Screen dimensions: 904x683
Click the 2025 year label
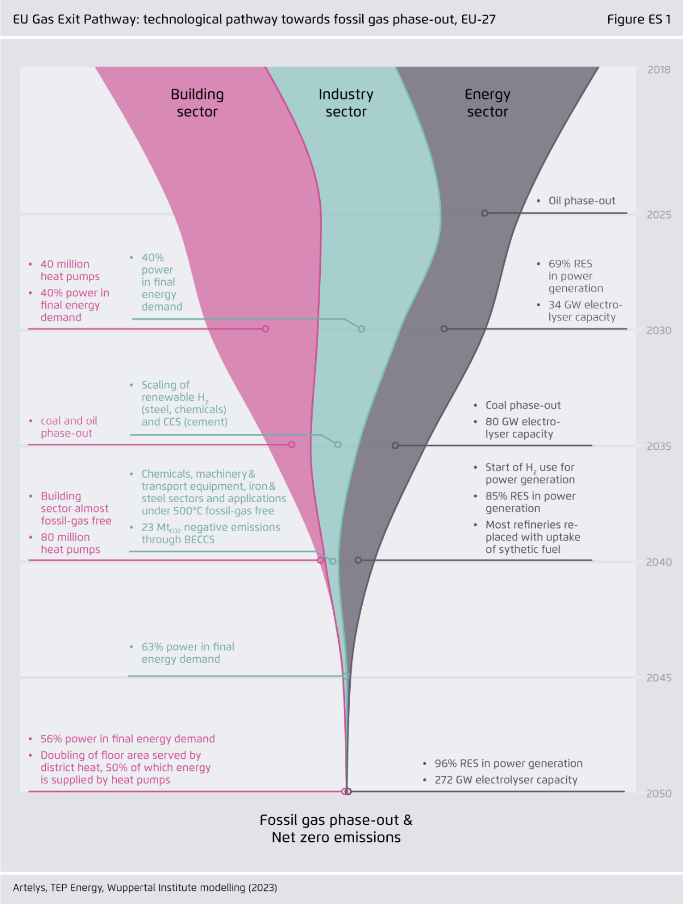pyautogui.click(x=658, y=215)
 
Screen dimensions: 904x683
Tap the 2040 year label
pyautogui.click(x=658, y=562)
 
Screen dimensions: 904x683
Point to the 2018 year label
pyautogui.click(x=658, y=70)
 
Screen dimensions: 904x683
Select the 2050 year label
pyautogui.click(x=658, y=794)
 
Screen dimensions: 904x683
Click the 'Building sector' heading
pyautogui.click(x=197, y=103)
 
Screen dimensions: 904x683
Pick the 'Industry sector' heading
pyautogui.click(x=346, y=103)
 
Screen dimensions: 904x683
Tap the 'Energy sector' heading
pyautogui.click(x=487, y=103)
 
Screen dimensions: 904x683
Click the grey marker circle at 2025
pyautogui.click(x=484, y=213)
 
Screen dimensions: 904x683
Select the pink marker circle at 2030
pyautogui.click(x=266, y=329)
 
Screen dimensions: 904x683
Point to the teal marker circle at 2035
pyautogui.click(x=338, y=445)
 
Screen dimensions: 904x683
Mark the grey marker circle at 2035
pyautogui.click(x=396, y=445)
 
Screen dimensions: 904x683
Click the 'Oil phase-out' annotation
pyautogui.click(x=582, y=201)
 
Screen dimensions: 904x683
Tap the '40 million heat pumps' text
pyautogui.click(x=70, y=270)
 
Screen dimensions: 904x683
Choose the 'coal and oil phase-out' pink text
pyautogui.click(x=69, y=427)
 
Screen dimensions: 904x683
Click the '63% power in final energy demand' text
pyautogui.click(x=188, y=653)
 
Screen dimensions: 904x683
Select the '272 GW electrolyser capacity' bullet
pyautogui.click(x=506, y=780)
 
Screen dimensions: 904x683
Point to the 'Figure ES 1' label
pyautogui.click(x=639, y=20)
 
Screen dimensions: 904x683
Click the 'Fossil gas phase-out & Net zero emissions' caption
pyautogui.click(x=336, y=829)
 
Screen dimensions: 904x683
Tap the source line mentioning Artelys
pyautogui.click(x=145, y=888)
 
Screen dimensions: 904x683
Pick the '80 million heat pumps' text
pyautogui.click(x=70, y=543)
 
